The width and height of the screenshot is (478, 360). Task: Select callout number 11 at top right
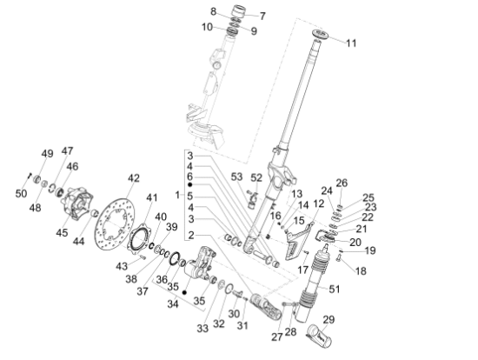click(x=350, y=43)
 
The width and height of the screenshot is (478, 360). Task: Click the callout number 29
click(x=329, y=321)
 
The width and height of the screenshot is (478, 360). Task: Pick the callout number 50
click(x=21, y=192)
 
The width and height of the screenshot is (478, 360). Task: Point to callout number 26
click(x=342, y=183)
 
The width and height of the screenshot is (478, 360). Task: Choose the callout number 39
click(x=171, y=227)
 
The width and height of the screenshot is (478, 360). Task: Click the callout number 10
click(x=207, y=27)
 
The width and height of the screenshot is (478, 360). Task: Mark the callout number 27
click(x=276, y=336)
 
